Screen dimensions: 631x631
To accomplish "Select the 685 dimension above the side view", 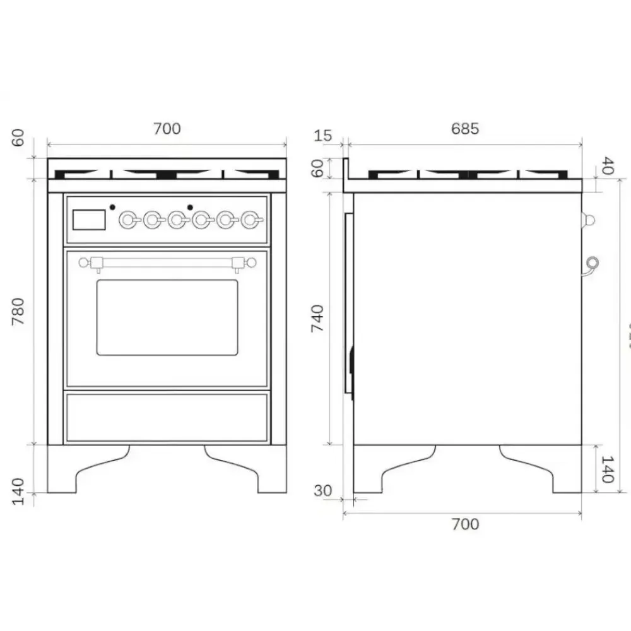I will click(465, 129).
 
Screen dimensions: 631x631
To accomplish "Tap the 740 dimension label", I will click(317, 319).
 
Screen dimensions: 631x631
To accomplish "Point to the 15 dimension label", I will click(322, 136).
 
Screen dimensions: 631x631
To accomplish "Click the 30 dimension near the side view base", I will click(322, 490).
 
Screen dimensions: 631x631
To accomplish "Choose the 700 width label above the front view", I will click(167, 129).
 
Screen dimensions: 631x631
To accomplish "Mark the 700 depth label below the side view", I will click(465, 524).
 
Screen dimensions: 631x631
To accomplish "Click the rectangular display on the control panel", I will click(89, 220).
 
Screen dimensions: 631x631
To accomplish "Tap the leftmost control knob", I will click(128, 220).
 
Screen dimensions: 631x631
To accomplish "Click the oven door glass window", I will click(167, 317).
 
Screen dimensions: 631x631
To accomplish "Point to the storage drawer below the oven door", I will click(167, 417).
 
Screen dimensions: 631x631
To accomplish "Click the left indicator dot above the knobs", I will click(112, 206).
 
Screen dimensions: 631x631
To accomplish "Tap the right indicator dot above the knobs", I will click(189, 206).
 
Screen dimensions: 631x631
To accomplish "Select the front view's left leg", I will click(69, 473).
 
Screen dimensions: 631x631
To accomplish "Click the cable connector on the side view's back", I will click(592, 262).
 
